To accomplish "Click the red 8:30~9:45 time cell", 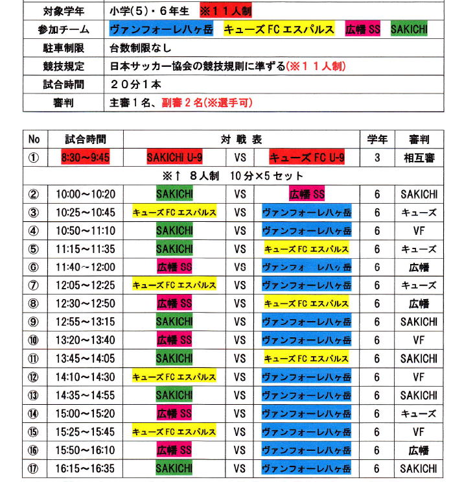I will coord(85,158).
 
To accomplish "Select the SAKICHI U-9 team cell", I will coord(174,158).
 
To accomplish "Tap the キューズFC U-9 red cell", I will coord(307,158).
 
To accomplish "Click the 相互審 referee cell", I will coord(419,158).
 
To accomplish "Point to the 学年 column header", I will coord(378,139).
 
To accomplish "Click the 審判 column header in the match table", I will coord(419,139).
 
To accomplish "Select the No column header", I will coord(34,139).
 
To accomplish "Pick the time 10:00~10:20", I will coord(85,194).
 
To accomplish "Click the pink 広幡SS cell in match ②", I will coord(307,194).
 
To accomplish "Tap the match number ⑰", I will coord(34,468).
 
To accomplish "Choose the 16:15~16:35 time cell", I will coord(85,468).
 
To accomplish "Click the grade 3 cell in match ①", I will coord(378,158).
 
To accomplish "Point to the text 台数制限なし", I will coord(139,48).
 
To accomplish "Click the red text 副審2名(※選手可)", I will coord(207,102).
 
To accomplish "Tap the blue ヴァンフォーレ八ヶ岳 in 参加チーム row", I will coord(161,30).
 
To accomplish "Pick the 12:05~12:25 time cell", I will coord(85,285).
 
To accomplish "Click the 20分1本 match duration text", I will coord(135,84).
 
